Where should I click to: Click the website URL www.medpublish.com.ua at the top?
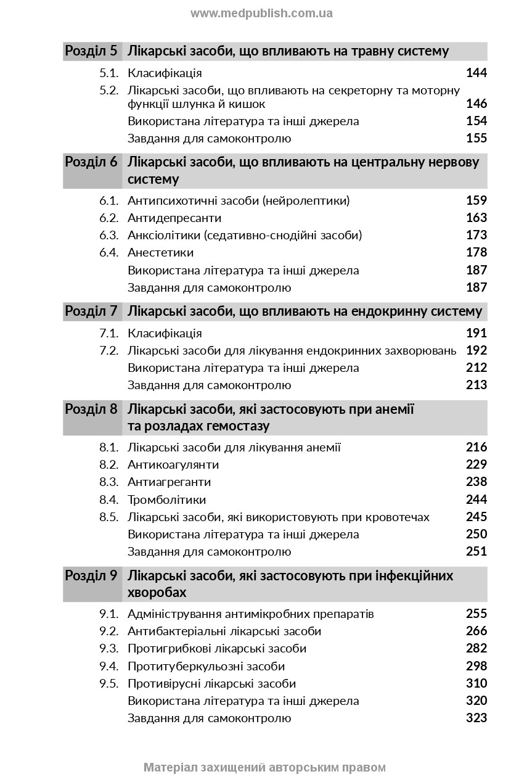[261, 13]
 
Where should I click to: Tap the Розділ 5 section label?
[91, 51]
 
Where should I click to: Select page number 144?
[476, 73]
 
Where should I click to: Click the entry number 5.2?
[108, 90]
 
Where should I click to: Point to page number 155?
[476, 138]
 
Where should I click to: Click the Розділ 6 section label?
[91, 162]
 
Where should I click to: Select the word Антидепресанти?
[174, 218]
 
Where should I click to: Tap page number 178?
[476, 252]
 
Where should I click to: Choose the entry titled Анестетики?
[160, 252]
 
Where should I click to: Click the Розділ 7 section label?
[91, 311]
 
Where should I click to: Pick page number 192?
[476, 350]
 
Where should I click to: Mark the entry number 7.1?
[108, 333]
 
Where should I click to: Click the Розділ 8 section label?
[91, 409]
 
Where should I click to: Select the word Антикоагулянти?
[173, 464]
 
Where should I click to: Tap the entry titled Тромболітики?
[166, 500]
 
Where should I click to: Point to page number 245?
[476, 517]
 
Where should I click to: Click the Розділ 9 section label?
[91, 576]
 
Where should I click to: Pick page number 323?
[476, 718]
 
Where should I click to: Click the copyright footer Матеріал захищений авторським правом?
[264, 768]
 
